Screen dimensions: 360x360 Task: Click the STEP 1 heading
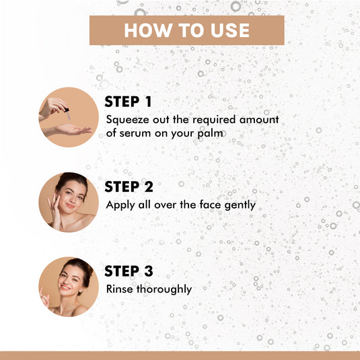pos(128,102)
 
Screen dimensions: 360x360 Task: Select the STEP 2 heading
pos(129,186)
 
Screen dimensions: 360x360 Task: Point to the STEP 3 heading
pos(129,271)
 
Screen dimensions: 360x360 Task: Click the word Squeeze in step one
pos(127,120)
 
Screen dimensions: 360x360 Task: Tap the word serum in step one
pos(135,133)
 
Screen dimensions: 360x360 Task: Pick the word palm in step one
pos(210,133)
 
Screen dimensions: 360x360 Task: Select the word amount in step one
pos(259,120)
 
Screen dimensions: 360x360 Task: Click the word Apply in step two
pos(120,205)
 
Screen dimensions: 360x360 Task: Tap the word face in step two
pos(211,205)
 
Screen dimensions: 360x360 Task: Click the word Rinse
pos(119,289)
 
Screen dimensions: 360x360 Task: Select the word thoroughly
pos(164,289)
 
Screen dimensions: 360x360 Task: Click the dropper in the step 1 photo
pos(67,113)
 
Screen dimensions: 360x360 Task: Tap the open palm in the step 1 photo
pos(72,130)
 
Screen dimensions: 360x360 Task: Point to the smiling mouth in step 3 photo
pos(65,287)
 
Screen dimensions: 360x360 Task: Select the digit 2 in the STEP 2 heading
pos(149,186)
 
